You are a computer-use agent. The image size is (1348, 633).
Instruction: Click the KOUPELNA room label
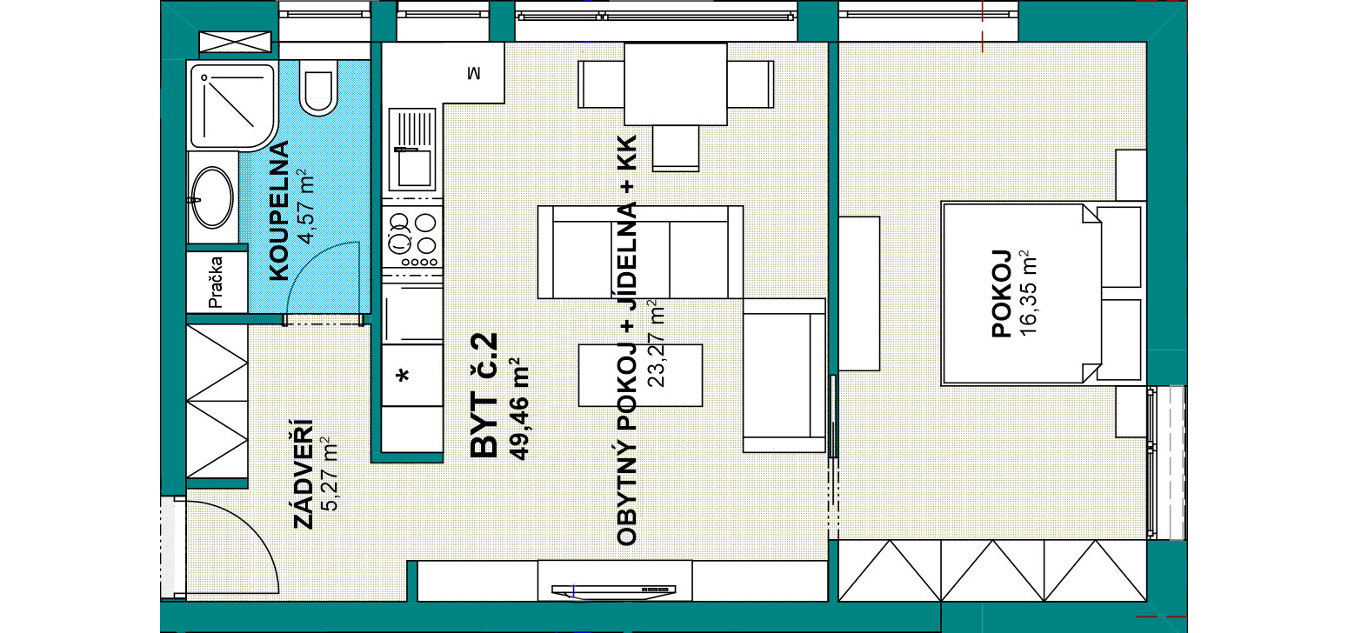pyautogui.click(x=279, y=210)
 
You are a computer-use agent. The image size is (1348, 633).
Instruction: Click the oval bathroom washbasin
pyautogui.click(x=212, y=197)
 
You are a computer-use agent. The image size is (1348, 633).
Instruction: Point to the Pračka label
pyautogui.click(x=216, y=283)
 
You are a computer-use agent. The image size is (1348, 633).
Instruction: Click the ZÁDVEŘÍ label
pyautogui.click(x=304, y=474)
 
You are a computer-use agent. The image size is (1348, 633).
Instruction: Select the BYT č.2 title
pyautogui.click(x=484, y=396)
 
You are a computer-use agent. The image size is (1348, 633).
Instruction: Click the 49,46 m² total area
pyautogui.click(x=518, y=410)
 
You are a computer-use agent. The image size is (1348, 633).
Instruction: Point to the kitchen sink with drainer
pyautogui.click(x=412, y=149)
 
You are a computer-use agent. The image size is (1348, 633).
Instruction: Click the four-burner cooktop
pyautogui.click(x=412, y=237)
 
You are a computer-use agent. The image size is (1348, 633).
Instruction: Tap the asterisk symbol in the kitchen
pyautogui.click(x=403, y=376)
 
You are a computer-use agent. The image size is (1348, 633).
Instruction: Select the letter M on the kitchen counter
pyautogui.click(x=474, y=73)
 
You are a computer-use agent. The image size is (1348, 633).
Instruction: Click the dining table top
pyautogui.click(x=675, y=84)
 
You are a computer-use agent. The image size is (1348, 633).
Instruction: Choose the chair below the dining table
pyautogui.click(x=675, y=148)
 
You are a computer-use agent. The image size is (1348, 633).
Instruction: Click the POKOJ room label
pyautogui.click(x=1001, y=293)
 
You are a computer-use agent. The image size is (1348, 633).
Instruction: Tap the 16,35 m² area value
pyautogui.click(x=1028, y=293)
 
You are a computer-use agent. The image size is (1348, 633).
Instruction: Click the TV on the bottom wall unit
pyautogui.click(x=614, y=591)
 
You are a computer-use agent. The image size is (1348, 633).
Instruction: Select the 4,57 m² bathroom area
pyautogui.click(x=306, y=206)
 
